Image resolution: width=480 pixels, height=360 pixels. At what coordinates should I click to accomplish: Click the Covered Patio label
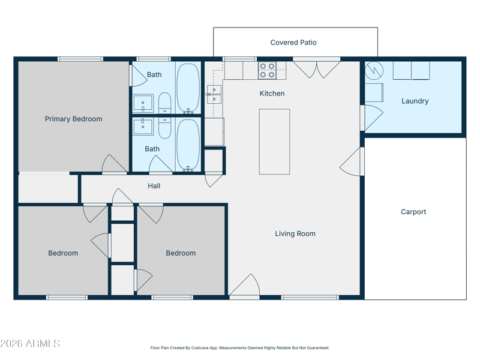(293, 43)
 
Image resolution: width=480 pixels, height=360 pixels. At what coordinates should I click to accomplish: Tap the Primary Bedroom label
(73, 119)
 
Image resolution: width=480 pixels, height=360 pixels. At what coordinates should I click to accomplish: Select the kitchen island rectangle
(274, 142)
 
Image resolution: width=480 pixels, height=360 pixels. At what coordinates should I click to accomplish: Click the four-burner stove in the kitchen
(267, 70)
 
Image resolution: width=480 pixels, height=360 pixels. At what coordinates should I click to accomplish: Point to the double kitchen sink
(214, 94)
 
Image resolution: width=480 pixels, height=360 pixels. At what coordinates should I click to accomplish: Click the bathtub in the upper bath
(188, 88)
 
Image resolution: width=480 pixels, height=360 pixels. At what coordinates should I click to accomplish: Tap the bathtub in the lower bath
(188, 145)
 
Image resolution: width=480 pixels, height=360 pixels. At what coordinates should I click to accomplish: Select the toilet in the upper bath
(164, 103)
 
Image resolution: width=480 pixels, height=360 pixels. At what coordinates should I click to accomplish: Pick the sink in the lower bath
(143, 127)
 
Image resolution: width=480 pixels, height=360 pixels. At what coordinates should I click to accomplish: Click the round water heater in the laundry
(374, 71)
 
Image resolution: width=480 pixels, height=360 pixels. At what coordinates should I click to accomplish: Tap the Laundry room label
(415, 101)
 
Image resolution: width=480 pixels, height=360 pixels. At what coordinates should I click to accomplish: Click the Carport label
(413, 212)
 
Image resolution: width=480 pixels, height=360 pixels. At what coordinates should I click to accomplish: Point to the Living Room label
(295, 234)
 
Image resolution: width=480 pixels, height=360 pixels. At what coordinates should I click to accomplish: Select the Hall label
(154, 186)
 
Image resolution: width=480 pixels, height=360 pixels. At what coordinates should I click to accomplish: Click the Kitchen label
(272, 94)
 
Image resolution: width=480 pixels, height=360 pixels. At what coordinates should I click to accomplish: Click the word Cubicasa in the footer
(200, 348)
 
